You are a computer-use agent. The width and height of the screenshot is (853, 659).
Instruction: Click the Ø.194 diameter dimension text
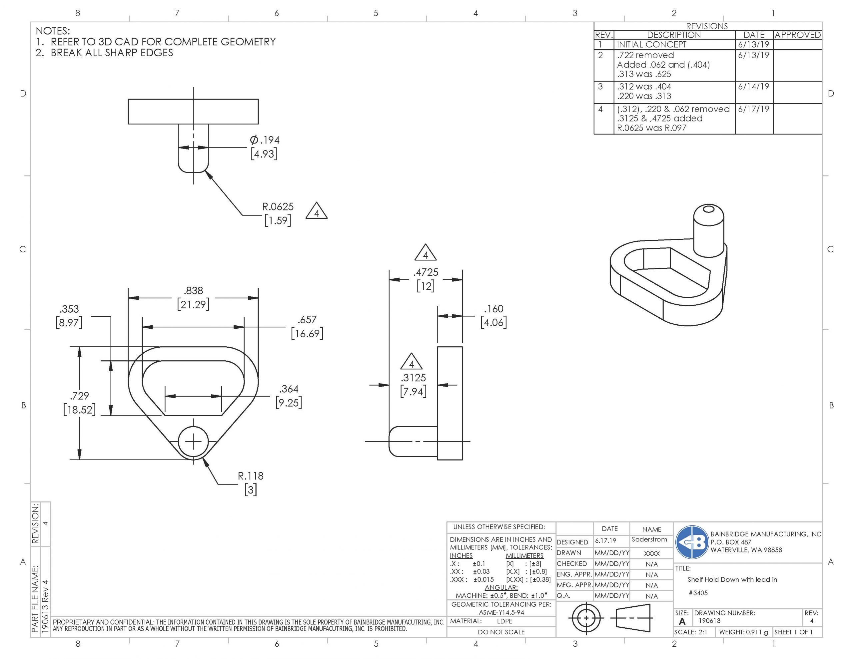[x=265, y=140]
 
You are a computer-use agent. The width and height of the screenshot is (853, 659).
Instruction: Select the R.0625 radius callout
[x=278, y=206]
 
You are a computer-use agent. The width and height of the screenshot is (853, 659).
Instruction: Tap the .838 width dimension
[x=194, y=290]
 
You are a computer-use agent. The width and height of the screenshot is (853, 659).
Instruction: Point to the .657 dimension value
[x=307, y=320]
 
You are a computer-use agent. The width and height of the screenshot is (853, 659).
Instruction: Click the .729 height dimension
[x=80, y=396]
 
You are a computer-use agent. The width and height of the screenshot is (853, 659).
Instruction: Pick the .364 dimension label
[x=289, y=389]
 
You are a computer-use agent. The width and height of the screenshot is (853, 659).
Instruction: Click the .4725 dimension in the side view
[x=426, y=272]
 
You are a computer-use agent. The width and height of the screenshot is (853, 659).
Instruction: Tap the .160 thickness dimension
[x=494, y=309]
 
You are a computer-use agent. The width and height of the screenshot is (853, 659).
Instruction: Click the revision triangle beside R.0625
[x=316, y=211]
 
